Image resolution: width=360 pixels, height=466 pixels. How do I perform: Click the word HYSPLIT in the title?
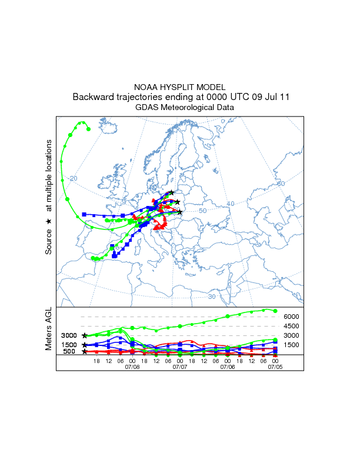click(181, 87)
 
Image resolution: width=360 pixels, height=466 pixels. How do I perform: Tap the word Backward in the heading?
click(94, 97)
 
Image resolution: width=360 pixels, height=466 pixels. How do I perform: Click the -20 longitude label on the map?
click(72, 178)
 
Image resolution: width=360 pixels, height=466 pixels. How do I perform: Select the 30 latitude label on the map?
click(211, 297)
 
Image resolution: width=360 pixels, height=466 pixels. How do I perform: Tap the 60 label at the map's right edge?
click(281, 184)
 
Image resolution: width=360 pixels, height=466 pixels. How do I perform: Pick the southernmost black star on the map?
click(180, 212)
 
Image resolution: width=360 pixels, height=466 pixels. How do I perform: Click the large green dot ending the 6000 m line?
click(275, 311)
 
